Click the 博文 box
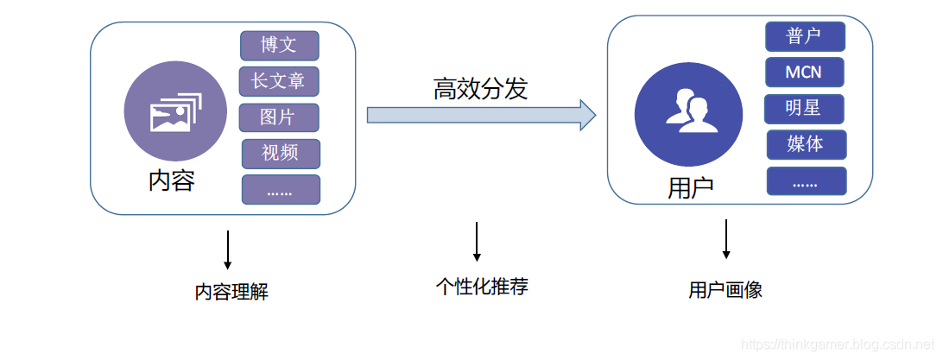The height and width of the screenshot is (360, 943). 279,45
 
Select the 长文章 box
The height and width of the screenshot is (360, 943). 279,81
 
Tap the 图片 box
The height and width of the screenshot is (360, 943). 279,117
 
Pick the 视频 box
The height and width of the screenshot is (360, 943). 281,154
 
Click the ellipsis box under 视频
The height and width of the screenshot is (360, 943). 281,190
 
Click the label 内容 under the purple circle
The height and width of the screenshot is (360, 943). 172,181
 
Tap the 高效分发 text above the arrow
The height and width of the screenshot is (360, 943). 480,88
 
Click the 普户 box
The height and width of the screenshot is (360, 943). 804,36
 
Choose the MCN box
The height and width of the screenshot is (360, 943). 804,73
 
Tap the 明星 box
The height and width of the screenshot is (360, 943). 804,109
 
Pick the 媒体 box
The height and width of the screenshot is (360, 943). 806,144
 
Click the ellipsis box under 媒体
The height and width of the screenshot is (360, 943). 806,181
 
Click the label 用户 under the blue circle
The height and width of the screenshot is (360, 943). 692,188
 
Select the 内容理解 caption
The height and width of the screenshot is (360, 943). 231,292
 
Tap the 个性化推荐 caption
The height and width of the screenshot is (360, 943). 481,287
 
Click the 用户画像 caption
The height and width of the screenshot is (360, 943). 725,290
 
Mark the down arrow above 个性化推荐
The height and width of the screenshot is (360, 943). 477,243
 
